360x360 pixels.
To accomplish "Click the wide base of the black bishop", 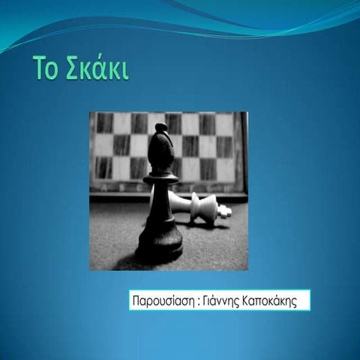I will (160, 244).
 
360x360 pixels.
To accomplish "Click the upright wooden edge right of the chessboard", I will (244, 150).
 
